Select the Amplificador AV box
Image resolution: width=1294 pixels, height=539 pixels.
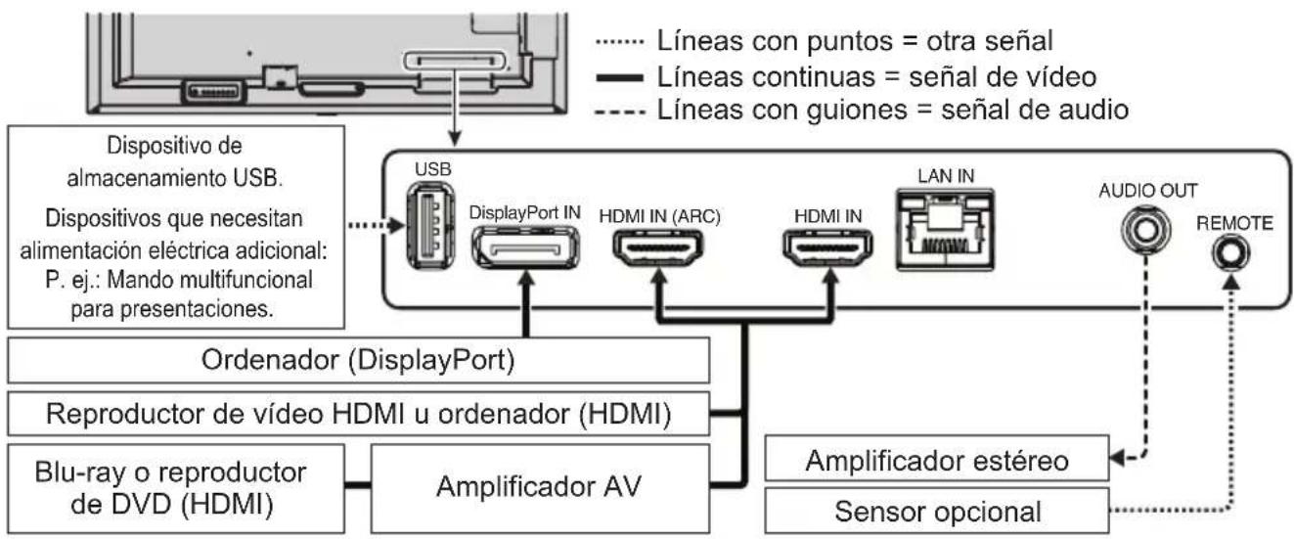[x=537, y=483]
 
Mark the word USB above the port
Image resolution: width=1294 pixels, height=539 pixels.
[x=432, y=169]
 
